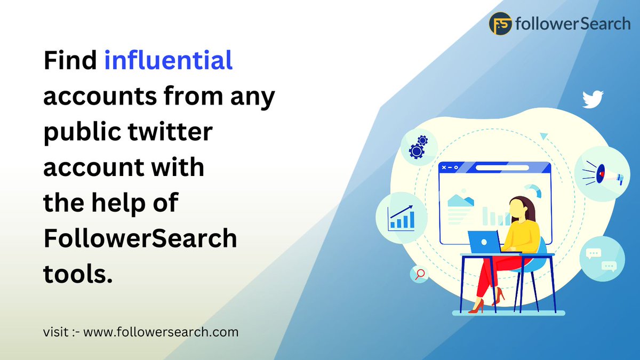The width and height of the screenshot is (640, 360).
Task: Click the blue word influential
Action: (x=169, y=61)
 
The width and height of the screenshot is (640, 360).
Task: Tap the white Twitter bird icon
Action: (x=593, y=100)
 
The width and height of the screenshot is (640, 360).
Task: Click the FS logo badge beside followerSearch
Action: (x=501, y=24)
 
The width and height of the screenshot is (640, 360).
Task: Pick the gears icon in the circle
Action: (x=418, y=147)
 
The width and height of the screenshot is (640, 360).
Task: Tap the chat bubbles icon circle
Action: (x=601, y=259)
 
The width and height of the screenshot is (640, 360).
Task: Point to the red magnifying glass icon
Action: (x=420, y=274)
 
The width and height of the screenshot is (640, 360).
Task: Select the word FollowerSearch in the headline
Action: (x=140, y=238)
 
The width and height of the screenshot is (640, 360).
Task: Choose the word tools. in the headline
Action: (x=78, y=274)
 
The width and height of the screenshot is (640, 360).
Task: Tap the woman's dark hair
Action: (x=526, y=207)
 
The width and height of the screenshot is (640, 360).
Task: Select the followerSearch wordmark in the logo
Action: (x=573, y=24)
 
